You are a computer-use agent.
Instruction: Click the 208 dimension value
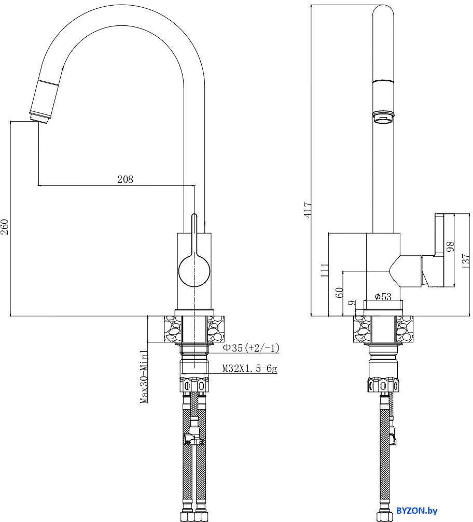coord(125,179)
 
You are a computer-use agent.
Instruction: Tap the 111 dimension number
coord(325,270)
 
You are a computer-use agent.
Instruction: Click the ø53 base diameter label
coord(383,296)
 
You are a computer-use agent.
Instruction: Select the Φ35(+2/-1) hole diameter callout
coord(251,349)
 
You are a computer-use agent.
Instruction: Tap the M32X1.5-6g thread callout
coord(249,369)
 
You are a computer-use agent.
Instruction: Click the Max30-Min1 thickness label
coord(145,376)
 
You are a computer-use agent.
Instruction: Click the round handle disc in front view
coord(194,270)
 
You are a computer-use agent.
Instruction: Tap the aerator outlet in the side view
coord(383,118)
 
